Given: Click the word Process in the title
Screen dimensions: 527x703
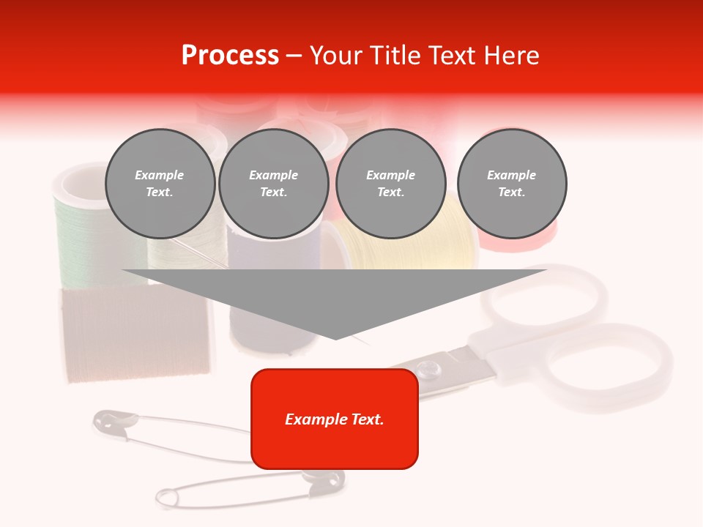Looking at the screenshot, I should click(230, 56).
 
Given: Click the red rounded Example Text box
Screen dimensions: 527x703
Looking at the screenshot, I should click(335, 419).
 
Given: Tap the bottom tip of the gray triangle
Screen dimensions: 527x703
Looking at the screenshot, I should click(335, 338).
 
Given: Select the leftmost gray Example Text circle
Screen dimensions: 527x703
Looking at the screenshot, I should click(160, 183).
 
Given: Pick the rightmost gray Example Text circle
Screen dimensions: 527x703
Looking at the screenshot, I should click(512, 183).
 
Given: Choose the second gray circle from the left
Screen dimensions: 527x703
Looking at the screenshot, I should click(273, 183).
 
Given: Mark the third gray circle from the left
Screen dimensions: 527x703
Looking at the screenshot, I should click(390, 183).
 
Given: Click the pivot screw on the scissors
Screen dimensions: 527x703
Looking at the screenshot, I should click(426, 364).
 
